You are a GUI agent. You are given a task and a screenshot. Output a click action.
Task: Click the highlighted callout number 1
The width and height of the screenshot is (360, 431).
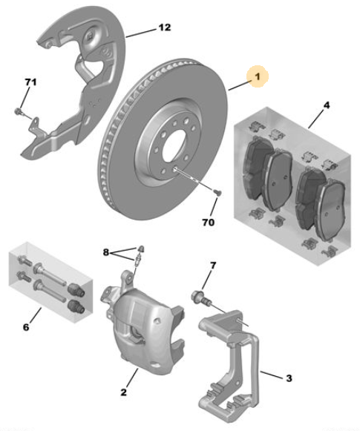(x=258, y=76)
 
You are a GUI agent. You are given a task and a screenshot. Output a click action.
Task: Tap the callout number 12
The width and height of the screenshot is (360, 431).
(x=165, y=27)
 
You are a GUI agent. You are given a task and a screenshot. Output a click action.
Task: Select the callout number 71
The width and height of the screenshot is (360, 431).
(x=30, y=82)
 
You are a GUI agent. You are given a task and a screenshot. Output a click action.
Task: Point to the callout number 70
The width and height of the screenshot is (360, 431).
(x=208, y=222)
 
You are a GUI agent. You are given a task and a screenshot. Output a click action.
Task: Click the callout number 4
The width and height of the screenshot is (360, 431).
(x=326, y=105)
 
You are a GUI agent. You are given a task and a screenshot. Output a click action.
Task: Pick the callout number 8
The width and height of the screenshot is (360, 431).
(x=106, y=252)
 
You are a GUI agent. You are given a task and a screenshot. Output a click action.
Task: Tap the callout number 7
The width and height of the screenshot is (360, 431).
(x=213, y=266)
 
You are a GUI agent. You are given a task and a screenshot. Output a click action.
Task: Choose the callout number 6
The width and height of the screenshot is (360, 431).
(x=26, y=327)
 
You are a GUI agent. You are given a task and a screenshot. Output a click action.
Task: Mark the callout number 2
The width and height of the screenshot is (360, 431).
(x=123, y=392)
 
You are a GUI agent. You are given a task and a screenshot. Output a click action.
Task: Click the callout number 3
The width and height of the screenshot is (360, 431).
(x=289, y=378)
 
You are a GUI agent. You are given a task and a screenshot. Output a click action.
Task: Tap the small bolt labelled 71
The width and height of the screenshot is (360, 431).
(x=18, y=111)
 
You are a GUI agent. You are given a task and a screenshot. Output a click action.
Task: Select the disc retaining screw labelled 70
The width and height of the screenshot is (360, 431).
(x=217, y=191)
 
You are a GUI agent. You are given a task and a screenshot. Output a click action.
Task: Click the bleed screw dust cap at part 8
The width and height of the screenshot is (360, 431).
(x=141, y=249)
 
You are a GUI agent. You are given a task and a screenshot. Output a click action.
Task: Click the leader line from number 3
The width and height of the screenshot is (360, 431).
(x=272, y=375)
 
